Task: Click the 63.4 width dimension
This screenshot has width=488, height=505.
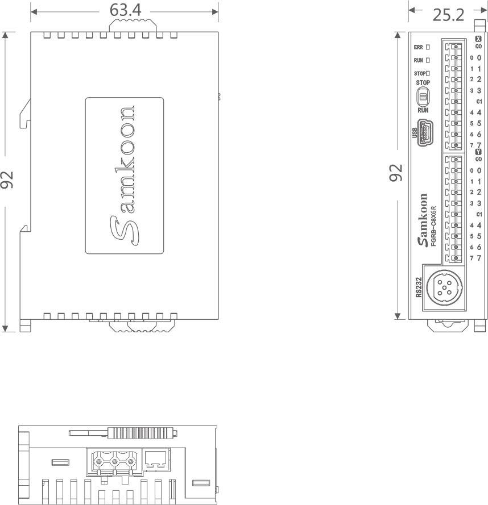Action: [125, 10]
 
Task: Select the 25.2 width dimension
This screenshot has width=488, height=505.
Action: [448, 15]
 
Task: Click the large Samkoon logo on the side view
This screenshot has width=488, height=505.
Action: [123, 176]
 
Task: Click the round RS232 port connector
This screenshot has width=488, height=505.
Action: [444, 287]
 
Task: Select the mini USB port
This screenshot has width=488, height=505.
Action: [425, 133]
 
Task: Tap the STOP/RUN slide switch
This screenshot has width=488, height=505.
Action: [423, 97]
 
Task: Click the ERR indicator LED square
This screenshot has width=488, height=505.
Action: [428, 47]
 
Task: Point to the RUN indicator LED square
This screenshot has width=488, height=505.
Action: [428, 60]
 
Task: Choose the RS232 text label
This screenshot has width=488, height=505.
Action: [419, 287]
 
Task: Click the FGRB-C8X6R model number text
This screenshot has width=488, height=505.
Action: [433, 226]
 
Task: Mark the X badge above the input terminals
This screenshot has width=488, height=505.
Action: [478, 39]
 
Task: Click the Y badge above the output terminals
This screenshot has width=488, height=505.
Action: [478, 152]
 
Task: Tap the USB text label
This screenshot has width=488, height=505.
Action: [415, 133]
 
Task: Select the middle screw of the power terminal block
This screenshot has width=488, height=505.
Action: [114, 462]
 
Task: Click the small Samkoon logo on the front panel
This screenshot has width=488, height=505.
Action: [422, 220]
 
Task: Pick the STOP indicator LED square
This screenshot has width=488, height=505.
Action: [428, 73]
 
